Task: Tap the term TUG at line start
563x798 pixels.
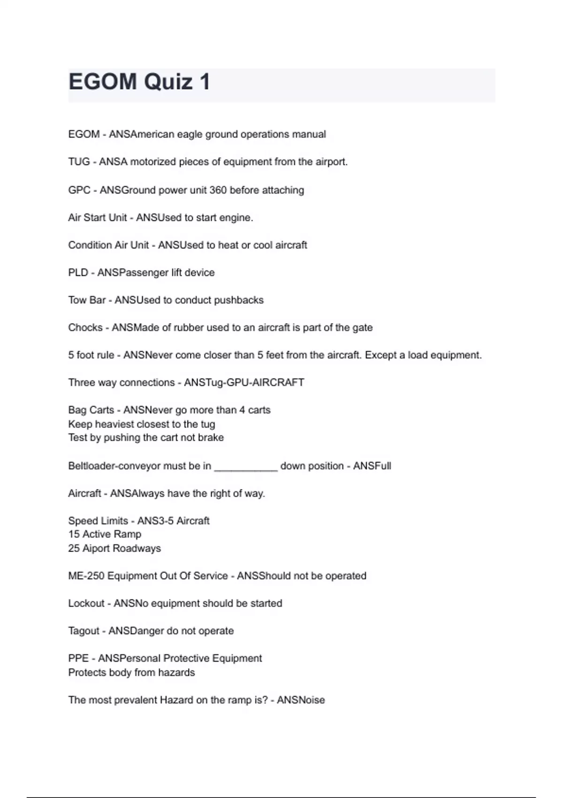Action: pyautogui.click(x=79, y=162)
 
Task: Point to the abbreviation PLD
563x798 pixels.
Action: pyautogui.click(x=78, y=273)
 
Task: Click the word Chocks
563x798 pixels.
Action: pyautogui.click(x=85, y=328)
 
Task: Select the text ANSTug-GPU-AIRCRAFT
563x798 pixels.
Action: pyautogui.click(x=244, y=383)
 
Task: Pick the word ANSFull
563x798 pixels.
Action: pyautogui.click(x=372, y=466)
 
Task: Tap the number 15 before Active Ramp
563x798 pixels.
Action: pyautogui.click(x=74, y=534)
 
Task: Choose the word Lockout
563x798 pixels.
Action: pyautogui.click(x=86, y=603)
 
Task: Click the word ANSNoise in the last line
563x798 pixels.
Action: pyautogui.click(x=301, y=700)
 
